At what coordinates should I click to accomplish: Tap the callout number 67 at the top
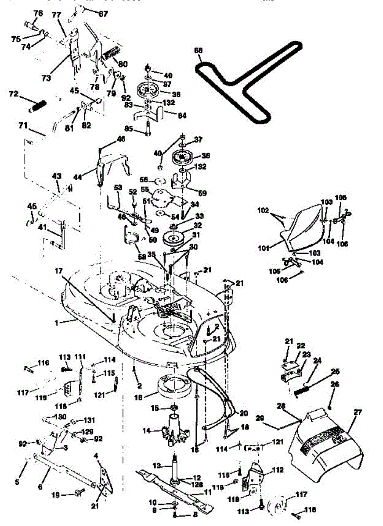tap(103, 14)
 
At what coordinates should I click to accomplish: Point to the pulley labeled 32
tap(173, 239)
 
